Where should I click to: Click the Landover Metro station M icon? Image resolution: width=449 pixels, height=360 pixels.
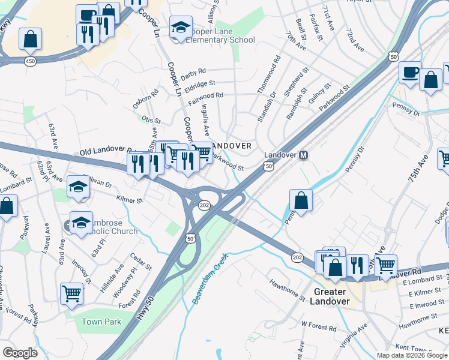304,155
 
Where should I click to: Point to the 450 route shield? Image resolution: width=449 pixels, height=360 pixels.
29,61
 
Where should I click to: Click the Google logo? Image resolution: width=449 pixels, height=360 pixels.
20,353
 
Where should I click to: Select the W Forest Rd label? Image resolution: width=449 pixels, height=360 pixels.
319,325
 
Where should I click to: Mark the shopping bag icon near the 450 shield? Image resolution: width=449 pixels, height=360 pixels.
29,40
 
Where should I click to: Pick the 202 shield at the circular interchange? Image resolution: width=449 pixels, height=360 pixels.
205,206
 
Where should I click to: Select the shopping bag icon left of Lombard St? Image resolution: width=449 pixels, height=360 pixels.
7,207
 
